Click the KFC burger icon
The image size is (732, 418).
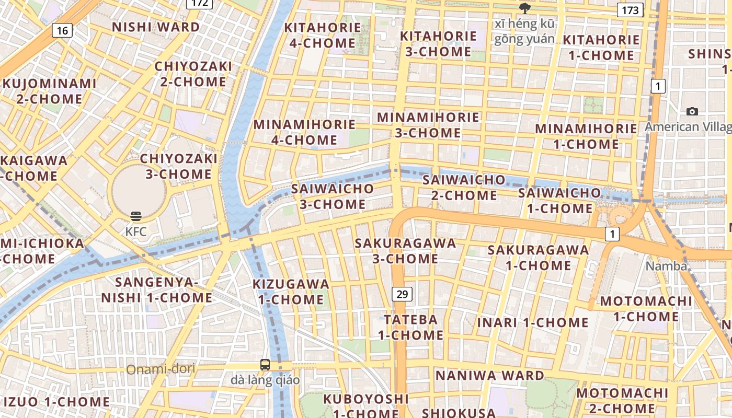[x=136, y=216]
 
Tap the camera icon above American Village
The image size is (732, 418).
[x=692, y=111]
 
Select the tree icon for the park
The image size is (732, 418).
[x=524, y=8]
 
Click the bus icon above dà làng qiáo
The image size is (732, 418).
[x=265, y=365]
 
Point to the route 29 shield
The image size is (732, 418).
[x=402, y=294]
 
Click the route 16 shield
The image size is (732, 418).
[x=62, y=30]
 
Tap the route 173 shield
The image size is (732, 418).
[x=630, y=10]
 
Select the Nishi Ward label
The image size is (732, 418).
[x=156, y=27]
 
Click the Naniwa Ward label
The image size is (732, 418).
[x=490, y=376]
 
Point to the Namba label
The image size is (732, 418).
[x=666, y=266]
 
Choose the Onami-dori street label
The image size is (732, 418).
[x=161, y=369]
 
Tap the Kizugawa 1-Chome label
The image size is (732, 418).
[x=291, y=292]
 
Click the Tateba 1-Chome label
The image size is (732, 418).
[x=410, y=327]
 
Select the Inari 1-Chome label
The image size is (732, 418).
[x=533, y=322]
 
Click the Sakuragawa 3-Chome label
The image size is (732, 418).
[x=405, y=251]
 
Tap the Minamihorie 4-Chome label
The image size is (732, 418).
[x=304, y=132]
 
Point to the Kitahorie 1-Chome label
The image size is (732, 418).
[x=601, y=48]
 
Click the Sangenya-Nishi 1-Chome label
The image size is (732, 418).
[x=156, y=290]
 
